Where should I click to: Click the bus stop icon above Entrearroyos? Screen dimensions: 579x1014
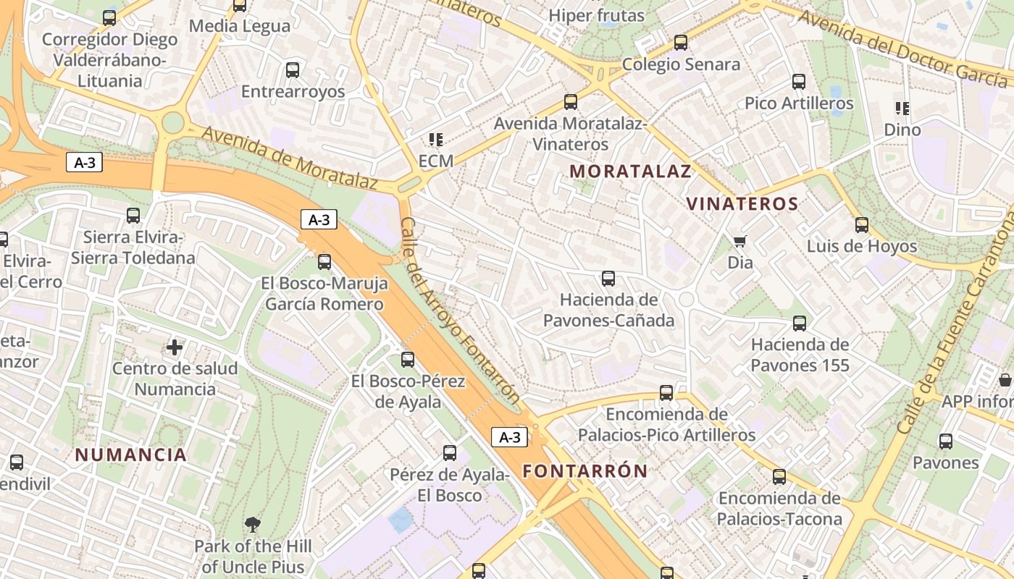click(292, 70)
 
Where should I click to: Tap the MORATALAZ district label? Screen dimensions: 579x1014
click(630, 172)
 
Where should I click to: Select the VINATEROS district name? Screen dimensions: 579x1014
click(742, 204)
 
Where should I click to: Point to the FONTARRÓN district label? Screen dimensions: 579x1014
click(585, 471)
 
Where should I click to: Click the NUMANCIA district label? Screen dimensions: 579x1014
click(131, 455)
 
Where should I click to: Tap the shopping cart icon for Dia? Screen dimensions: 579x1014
click(739, 241)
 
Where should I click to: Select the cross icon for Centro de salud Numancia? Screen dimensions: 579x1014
click(175, 347)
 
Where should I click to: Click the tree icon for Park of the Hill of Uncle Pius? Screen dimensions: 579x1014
click(253, 524)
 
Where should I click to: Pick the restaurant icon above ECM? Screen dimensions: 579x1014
click(435, 139)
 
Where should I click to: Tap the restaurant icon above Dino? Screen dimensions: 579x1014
click(902, 109)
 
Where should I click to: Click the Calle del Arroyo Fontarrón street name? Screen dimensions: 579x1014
click(459, 311)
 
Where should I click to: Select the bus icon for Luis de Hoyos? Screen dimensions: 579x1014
click(861, 225)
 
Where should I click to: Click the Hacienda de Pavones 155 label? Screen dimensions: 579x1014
click(800, 355)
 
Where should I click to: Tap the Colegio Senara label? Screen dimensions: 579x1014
click(681, 64)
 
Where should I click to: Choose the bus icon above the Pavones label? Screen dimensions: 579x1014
click(945, 441)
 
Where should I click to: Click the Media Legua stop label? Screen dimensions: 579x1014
click(240, 26)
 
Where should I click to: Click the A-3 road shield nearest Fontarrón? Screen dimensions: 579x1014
click(509, 437)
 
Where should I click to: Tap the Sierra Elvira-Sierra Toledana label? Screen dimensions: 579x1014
click(133, 248)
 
